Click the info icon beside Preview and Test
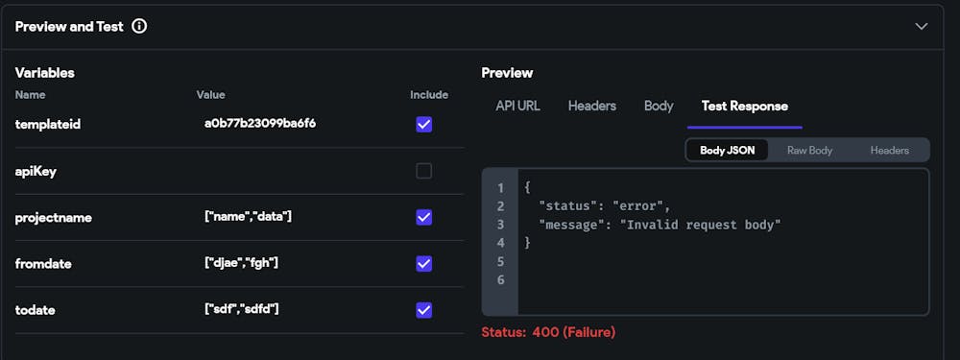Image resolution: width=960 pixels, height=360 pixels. click(139, 27)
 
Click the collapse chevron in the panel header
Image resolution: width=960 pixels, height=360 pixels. click(922, 27)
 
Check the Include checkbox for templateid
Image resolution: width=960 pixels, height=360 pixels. click(423, 125)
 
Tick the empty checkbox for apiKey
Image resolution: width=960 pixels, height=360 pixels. click(423, 171)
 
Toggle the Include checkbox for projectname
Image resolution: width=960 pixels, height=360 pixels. click(423, 217)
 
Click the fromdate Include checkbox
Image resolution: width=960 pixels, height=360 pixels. click(423, 263)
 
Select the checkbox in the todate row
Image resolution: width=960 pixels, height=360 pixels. click(423, 309)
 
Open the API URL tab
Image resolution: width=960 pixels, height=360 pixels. click(517, 106)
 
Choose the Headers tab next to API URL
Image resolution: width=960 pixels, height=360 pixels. click(591, 106)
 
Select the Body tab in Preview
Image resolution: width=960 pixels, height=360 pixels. click(659, 106)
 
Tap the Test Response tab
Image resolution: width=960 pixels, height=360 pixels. click(744, 106)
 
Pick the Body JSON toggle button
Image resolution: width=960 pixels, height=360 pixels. click(727, 151)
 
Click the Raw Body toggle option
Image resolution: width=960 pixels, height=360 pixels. click(809, 151)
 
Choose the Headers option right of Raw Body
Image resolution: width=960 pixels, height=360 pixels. click(889, 151)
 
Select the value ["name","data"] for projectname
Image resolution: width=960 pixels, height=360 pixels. click(248, 217)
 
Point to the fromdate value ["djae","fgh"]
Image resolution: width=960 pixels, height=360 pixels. click(243, 263)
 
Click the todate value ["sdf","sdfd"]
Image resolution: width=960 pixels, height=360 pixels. click(242, 309)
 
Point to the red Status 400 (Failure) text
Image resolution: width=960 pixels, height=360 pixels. click(548, 332)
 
